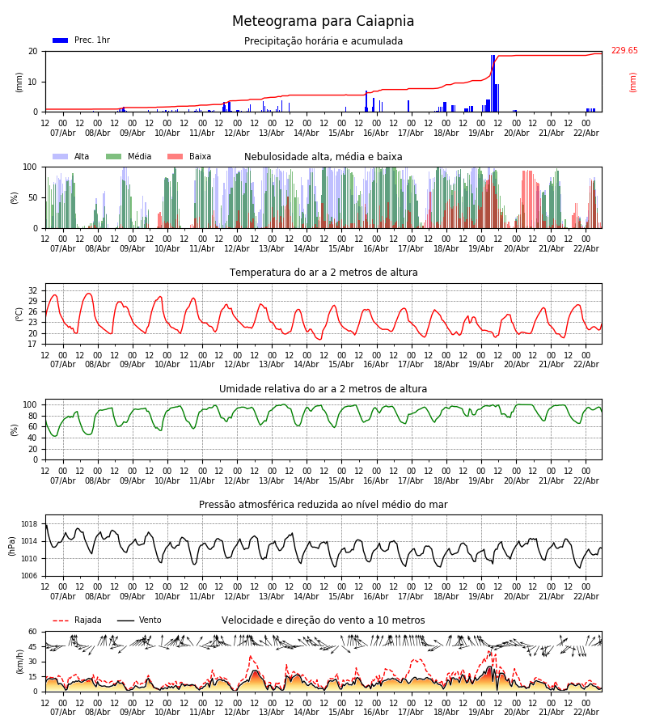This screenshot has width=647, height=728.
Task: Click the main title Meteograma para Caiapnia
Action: point(323,22)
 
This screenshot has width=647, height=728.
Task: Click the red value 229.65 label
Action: point(624,51)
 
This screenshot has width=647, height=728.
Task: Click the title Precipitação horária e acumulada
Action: point(323,41)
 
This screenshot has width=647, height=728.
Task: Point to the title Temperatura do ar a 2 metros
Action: point(323,273)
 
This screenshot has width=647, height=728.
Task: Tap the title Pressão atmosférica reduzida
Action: point(323,505)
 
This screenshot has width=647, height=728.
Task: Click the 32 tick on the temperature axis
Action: point(33,290)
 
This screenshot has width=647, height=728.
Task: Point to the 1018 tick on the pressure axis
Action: point(28,524)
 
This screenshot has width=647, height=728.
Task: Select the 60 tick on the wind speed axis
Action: point(33,632)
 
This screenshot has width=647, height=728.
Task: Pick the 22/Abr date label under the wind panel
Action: point(586,713)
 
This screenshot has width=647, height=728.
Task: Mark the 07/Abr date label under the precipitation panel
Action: point(62,133)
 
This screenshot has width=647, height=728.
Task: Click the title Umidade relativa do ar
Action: point(323,389)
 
